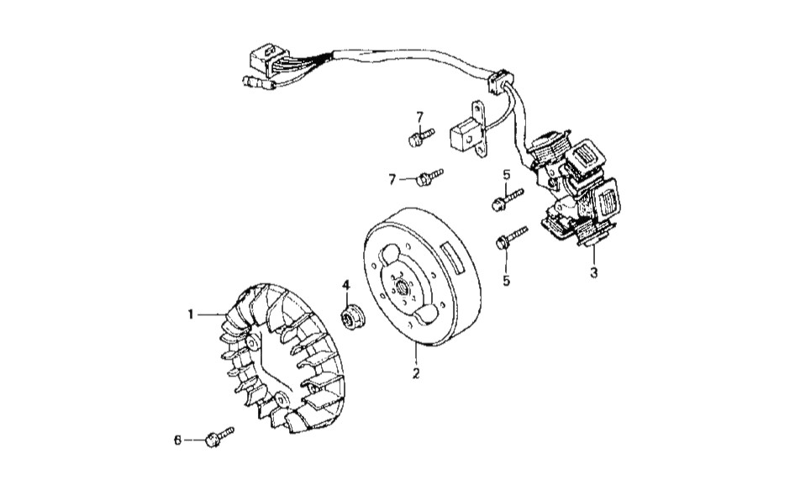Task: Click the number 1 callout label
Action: point(192,314)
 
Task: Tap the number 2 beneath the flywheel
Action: point(415,371)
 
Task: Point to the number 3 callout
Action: point(593,273)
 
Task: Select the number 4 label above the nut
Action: point(345,286)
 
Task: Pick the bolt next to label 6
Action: point(217,436)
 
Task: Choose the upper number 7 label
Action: point(420,116)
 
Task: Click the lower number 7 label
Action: point(392,179)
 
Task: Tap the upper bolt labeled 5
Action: point(506,199)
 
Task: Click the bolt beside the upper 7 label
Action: point(419,136)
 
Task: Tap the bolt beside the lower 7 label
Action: point(429,176)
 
